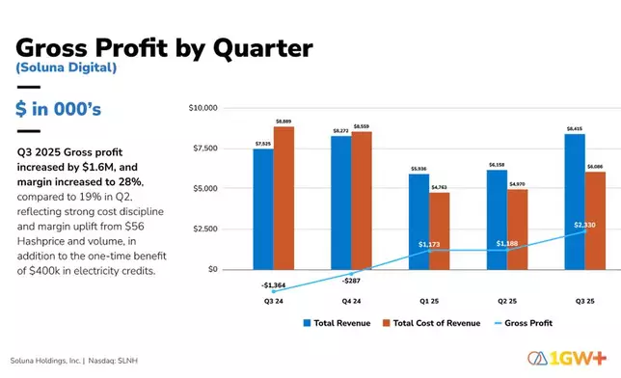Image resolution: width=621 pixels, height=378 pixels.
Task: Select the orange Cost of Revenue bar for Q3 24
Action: (283, 198)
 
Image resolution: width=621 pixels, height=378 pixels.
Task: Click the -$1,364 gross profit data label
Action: (274, 285)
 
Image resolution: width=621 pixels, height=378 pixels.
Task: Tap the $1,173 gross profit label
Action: (429, 245)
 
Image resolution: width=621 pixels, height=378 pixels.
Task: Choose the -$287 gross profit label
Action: (351, 281)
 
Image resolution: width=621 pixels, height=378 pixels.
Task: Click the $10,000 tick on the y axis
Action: (207, 108)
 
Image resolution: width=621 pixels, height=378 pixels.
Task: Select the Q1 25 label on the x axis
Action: (429, 301)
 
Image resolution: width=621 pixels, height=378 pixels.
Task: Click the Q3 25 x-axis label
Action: (584, 301)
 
